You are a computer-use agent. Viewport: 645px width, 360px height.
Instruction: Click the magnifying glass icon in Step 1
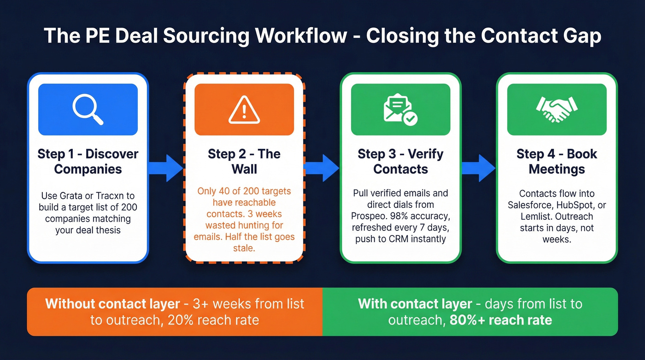click(x=88, y=109)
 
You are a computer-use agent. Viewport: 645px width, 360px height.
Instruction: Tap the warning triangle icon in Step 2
click(x=244, y=109)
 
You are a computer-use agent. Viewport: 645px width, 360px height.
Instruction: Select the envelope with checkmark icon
click(x=400, y=110)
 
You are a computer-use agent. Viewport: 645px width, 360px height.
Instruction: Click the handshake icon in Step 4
click(x=557, y=109)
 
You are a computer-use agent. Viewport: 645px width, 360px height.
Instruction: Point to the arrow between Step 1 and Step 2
click(x=166, y=167)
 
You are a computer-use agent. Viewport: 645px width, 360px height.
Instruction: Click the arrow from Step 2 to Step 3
click(x=322, y=167)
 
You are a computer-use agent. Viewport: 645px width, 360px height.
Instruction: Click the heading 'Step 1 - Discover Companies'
click(x=88, y=161)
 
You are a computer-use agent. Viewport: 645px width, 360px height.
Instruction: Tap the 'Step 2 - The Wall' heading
click(x=244, y=161)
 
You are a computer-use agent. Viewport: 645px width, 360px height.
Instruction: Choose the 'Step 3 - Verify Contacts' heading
click(x=400, y=161)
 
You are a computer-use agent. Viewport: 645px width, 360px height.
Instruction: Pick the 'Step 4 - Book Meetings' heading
click(x=557, y=161)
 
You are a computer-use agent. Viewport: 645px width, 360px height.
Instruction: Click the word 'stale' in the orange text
click(x=244, y=248)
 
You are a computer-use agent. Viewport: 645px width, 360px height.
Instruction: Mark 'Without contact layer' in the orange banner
click(x=112, y=304)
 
